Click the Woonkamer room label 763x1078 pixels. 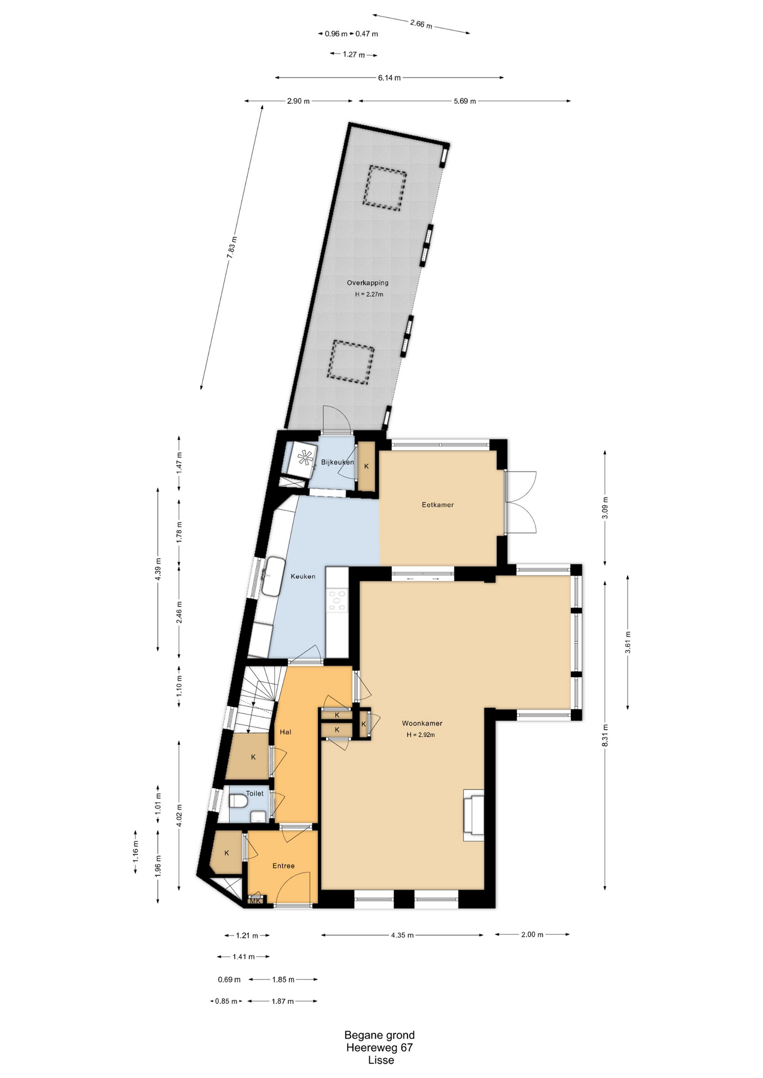pos(422,723)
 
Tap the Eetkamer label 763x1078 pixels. pos(438,505)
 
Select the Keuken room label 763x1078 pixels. pos(303,576)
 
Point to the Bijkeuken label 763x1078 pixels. pos(338,462)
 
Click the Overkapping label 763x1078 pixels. pos(367,283)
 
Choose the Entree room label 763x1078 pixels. pos(284,866)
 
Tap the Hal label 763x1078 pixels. pos(285,732)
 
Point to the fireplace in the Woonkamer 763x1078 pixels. pos(473,815)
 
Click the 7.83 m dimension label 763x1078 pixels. pos(232,247)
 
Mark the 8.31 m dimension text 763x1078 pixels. pos(605,736)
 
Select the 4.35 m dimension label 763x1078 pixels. pos(402,935)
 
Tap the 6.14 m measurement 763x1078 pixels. pos(389,78)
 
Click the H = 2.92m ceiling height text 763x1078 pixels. pos(421,734)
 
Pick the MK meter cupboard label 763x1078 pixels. pos(256,901)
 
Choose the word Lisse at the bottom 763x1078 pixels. pos(381,1060)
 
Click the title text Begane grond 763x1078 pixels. pos(380,1035)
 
